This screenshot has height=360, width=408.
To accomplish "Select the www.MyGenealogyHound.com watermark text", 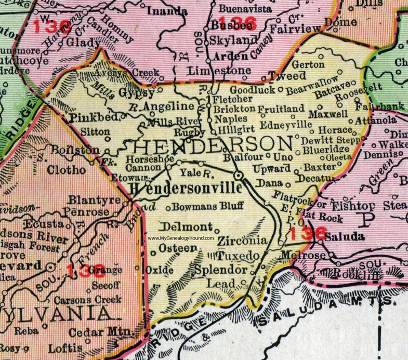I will click(188, 238).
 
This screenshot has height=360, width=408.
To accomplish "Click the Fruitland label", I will click(281, 109).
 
